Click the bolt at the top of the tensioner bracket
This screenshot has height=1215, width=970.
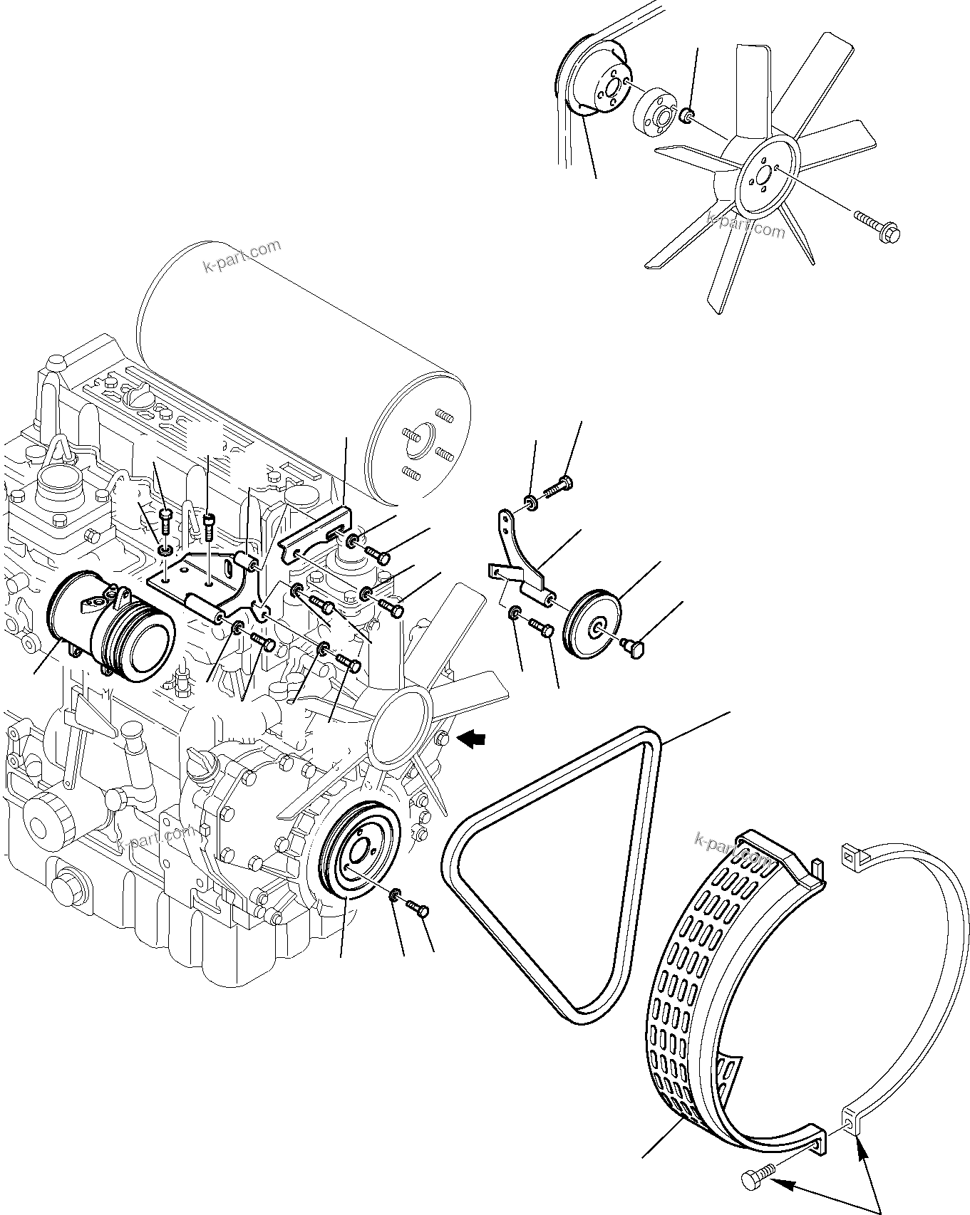pyautogui.click(x=559, y=490)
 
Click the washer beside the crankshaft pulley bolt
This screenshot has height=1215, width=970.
pyautogui.click(x=396, y=896)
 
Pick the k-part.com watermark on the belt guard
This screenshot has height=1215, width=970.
pyautogui.click(x=734, y=852)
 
